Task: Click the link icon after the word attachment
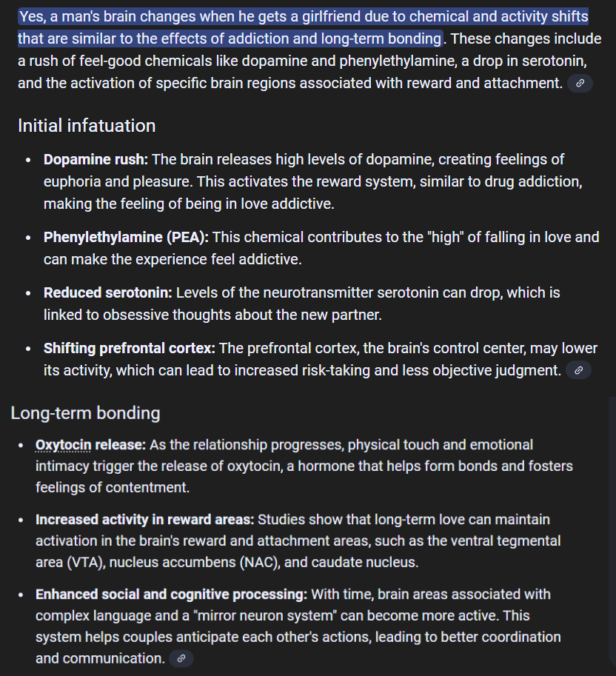pos(579,84)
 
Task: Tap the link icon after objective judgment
pos(578,370)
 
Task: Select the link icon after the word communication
pos(181,658)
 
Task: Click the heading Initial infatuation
pos(87,126)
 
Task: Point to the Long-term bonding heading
pos(85,412)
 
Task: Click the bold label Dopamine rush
pos(96,159)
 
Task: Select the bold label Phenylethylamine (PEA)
pos(126,238)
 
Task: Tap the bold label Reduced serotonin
pos(107,293)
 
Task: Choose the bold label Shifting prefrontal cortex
pos(129,348)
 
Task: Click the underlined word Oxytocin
pos(63,445)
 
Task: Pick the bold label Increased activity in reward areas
pos(144,520)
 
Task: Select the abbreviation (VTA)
pos(87,563)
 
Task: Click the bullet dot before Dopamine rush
pos(28,160)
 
